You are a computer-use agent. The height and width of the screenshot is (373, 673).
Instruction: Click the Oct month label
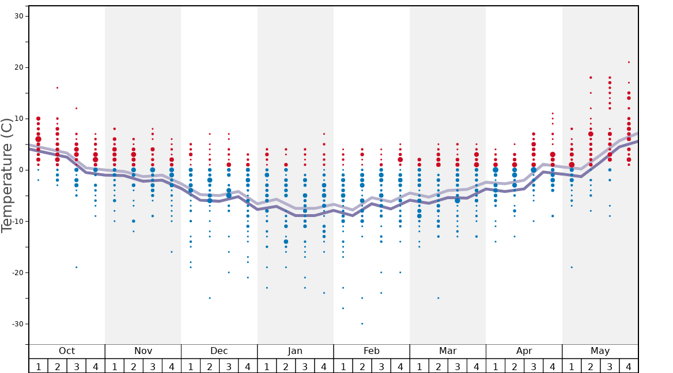tap(67, 351)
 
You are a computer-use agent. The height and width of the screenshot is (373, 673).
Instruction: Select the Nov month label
tap(143, 351)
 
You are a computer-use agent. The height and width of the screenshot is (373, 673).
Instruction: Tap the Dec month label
tap(219, 351)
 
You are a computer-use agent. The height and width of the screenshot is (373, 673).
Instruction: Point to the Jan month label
tap(295, 351)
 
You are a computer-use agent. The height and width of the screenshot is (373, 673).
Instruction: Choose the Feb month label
tap(372, 351)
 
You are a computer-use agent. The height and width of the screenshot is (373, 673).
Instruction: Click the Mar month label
tap(448, 351)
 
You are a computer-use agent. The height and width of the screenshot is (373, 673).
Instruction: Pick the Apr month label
tap(524, 351)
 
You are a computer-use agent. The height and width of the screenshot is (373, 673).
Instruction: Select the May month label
tap(600, 351)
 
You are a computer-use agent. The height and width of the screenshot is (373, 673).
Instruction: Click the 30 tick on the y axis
tap(18, 16)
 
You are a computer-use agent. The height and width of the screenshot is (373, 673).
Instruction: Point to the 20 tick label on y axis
tap(18, 67)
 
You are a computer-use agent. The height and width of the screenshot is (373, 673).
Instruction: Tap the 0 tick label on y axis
tap(21, 170)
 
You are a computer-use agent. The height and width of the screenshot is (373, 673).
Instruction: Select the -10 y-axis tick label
tap(17, 221)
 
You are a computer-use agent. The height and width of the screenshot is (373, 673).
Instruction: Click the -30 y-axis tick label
tap(17, 324)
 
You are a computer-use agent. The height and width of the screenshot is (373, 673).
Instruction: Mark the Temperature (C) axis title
tap(7, 175)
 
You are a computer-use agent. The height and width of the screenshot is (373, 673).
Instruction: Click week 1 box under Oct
tap(38, 366)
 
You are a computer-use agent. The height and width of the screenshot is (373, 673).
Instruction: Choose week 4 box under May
tap(629, 366)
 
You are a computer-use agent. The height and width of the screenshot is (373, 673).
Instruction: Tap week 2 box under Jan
tap(286, 366)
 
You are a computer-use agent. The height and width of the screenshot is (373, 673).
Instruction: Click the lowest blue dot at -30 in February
tap(362, 323)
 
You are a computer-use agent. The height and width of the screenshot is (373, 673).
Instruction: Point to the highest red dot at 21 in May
tap(629, 62)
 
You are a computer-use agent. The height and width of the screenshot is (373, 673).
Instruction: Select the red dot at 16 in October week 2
tap(57, 87)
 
